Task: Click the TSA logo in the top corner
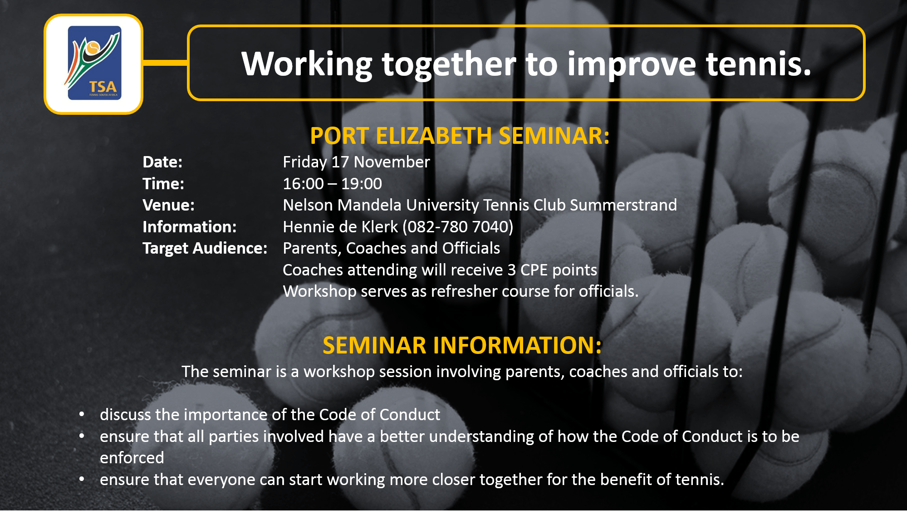point(94,64)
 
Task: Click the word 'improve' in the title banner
point(631,64)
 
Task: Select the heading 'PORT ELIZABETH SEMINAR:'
point(460,136)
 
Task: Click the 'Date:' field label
point(162,162)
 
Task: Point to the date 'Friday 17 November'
point(356,162)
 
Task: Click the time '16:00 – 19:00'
point(332,184)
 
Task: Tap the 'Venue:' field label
point(168,205)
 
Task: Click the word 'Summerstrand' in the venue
point(623,205)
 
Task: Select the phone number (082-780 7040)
point(458,227)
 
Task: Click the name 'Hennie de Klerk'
point(340,227)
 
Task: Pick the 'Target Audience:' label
point(205,248)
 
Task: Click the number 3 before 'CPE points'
point(512,270)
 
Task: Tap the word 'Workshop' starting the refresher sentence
point(319,291)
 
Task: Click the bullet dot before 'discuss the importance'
point(82,414)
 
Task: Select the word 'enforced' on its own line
point(132,458)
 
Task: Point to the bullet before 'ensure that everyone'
point(82,479)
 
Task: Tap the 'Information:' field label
point(189,227)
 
